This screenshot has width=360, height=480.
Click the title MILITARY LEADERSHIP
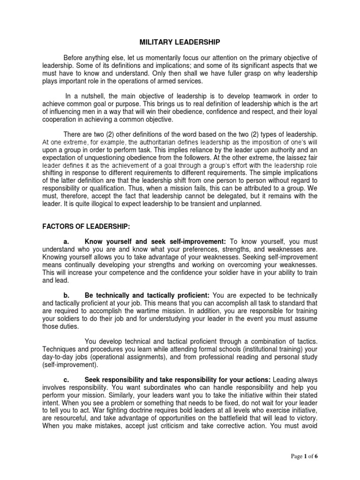[180, 42]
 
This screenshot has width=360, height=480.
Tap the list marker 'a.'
[66, 241]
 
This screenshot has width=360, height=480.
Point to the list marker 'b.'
[66, 295]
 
